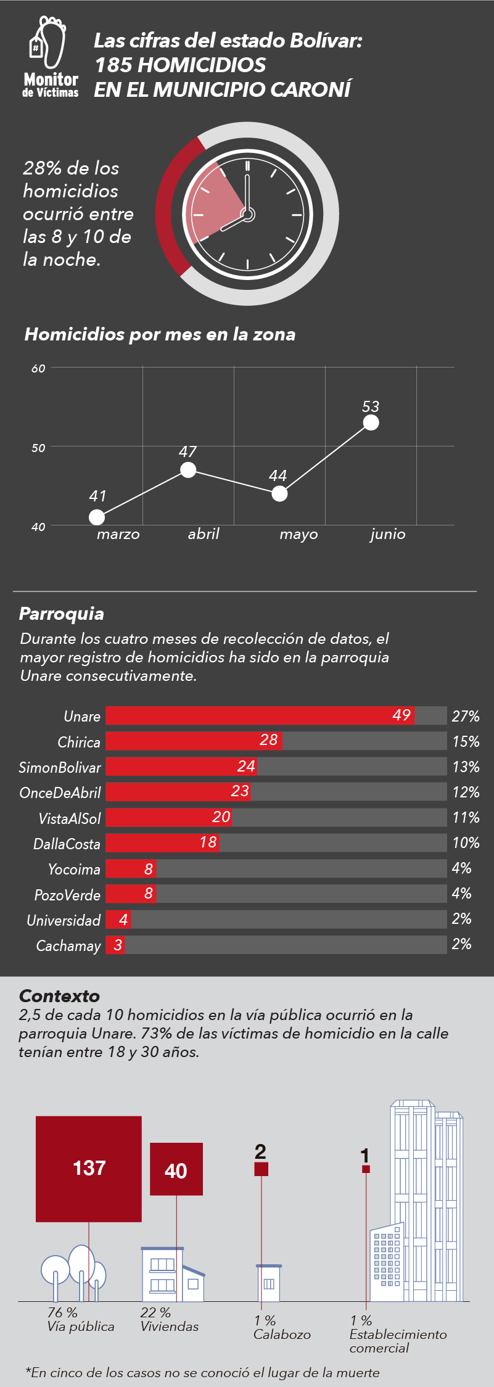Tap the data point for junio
point(371,422)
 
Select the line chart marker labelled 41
point(97,517)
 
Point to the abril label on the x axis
point(204,534)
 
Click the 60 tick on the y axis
point(38,368)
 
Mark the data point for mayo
point(279,493)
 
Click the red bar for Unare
point(260,715)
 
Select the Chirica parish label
point(79,742)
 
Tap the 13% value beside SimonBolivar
point(466,767)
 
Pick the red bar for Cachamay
point(115,945)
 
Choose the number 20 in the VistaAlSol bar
point(221,817)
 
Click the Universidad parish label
point(64,920)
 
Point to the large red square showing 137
point(89,1169)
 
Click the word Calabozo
point(282,1335)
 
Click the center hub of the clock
point(247,215)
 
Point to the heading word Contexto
point(59,996)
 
